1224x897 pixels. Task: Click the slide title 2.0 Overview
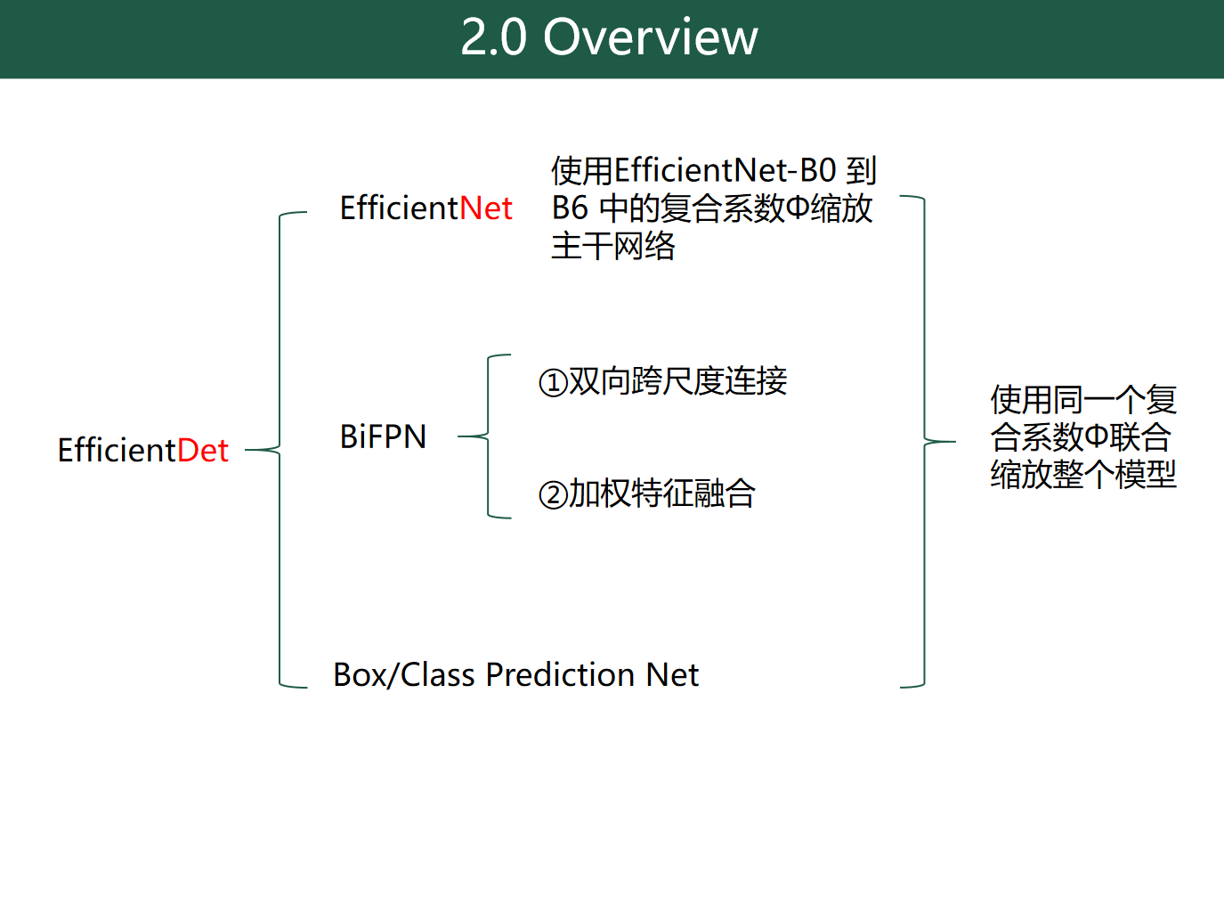coord(609,37)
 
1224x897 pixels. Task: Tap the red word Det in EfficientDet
coord(203,451)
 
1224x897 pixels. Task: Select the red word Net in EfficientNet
coord(486,208)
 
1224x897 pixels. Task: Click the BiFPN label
coord(383,436)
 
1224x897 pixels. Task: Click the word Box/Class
coord(403,675)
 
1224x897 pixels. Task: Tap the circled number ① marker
coord(553,383)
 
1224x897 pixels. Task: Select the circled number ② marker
coord(553,494)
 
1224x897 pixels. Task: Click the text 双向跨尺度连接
coord(678,381)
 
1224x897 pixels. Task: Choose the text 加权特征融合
coord(662,493)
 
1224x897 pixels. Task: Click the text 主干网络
coord(613,246)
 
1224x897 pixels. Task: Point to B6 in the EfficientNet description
coord(570,208)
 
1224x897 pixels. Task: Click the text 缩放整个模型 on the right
coord(1083,474)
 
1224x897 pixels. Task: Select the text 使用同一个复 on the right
coord(1083,399)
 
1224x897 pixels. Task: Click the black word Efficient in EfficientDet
coord(117,451)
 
